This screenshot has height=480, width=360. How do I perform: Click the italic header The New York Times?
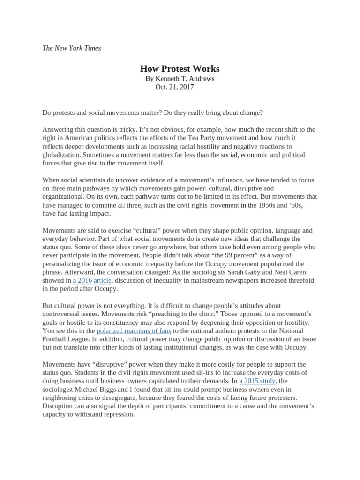click(x=71, y=48)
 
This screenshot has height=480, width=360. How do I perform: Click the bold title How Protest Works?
click(x=173, y=69)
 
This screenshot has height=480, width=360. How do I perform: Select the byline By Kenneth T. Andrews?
click(x=173, y=79)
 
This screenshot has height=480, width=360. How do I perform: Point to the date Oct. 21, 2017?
click(x=174, y=87)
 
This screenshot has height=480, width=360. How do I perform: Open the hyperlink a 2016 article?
click(x=92, y=280)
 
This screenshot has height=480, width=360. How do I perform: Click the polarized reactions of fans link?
click(x=134, y=331)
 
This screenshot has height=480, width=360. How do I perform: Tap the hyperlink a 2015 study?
click(x=257, y=381)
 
